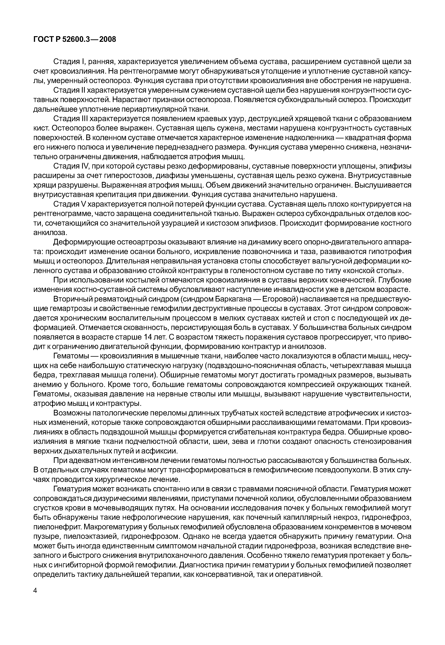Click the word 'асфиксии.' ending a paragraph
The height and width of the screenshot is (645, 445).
coord(162,451)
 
